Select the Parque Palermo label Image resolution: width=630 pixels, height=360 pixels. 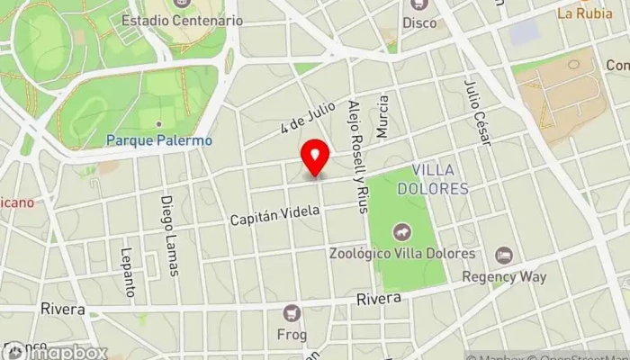click(x=158, y=140)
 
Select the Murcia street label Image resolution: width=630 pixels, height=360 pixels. click(x=383, y=117)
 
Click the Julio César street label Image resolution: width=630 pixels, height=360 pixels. click(x=478, y=112)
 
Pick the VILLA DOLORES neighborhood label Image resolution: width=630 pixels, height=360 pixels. click(x=440, y=179)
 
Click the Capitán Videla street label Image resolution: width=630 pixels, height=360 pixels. click(x=274, y=215)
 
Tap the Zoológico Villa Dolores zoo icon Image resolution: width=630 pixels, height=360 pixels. click(x=398, y=235)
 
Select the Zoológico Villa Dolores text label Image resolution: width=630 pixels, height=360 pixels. click(x=400, y=254)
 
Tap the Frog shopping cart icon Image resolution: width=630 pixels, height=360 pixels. click(x=292, y=313)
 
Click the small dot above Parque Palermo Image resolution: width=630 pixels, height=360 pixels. click(x=158, y=124)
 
